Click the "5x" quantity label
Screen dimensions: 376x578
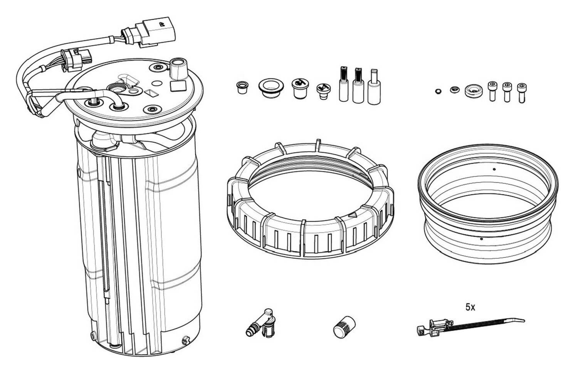coord(470,307)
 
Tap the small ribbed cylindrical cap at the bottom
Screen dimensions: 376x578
coord(344,327)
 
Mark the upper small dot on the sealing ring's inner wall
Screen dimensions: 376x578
coord(494,169)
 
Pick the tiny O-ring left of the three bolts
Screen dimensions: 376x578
coord(438,91)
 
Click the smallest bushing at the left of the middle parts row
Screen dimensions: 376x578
coord(242,87)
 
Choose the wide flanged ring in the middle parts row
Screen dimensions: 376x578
coord(271,88)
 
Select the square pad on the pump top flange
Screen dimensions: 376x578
coord(178,86)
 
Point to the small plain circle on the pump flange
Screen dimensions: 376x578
coord(156,83)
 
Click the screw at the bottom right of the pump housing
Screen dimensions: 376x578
coord(185,340)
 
